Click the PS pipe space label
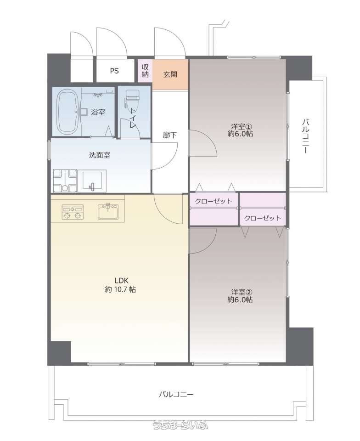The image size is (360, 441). click(x=114, y=71)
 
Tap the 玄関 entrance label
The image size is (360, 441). click(x=170, y=74)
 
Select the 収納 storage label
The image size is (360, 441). click(x=145, y=71)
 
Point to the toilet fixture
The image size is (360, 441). click(x=132, y=101)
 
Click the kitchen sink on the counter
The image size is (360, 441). click(x=108, y=211)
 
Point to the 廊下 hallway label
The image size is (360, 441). click(x=170, y=135)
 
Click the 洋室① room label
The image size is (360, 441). click(x=240, y=130)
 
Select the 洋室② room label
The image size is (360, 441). click(x=240, y=296)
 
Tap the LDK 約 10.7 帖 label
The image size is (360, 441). click(x=121, y=285)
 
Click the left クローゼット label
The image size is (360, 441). click(x=214, y=201)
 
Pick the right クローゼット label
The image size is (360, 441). click(x=262, y=218)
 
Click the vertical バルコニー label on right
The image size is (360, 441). click(x=305, y=136)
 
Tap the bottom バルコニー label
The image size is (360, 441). click(x=176, y=394)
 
